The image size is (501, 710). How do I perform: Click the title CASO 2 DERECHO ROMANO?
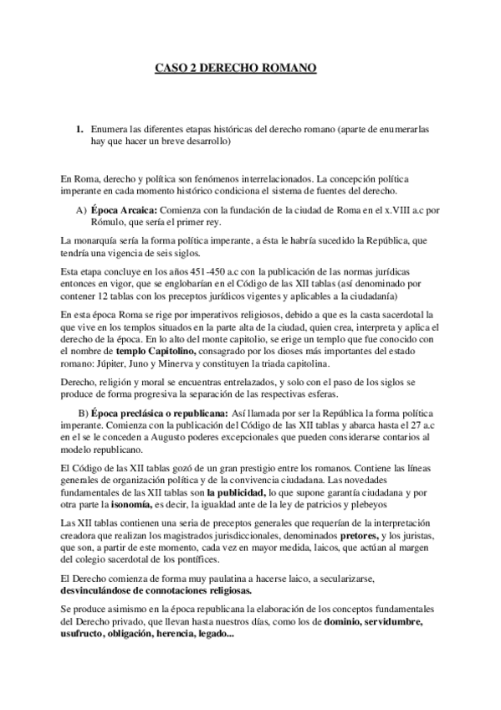click(237, 67)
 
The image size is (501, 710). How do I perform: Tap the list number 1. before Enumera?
click(79, 130)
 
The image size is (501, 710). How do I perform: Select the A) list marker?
click(81, 208)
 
